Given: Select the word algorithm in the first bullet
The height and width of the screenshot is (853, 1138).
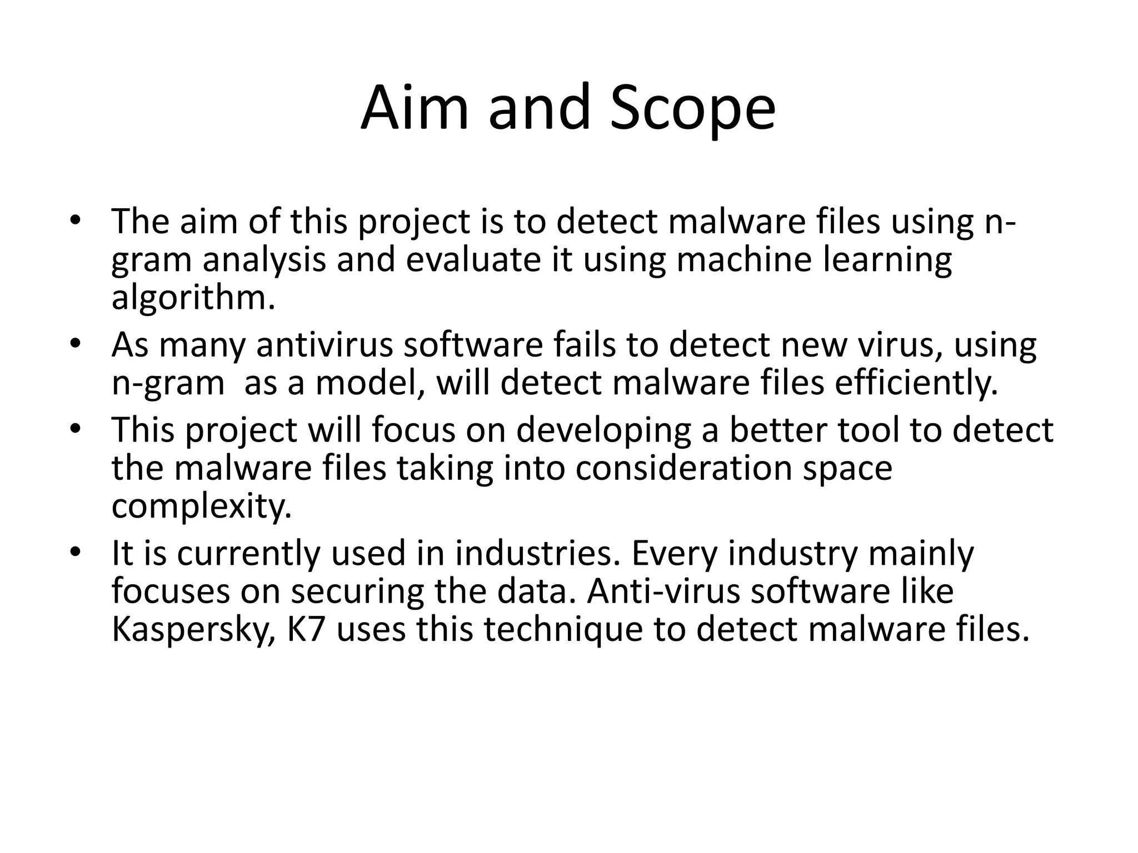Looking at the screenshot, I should [x=193, y=299].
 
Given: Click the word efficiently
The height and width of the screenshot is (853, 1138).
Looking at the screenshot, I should [x=916, y=383].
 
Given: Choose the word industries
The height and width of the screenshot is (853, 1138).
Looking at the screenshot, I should [x=537, y=553].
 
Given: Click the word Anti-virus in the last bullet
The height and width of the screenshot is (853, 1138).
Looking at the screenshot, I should [x=664, y=591].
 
